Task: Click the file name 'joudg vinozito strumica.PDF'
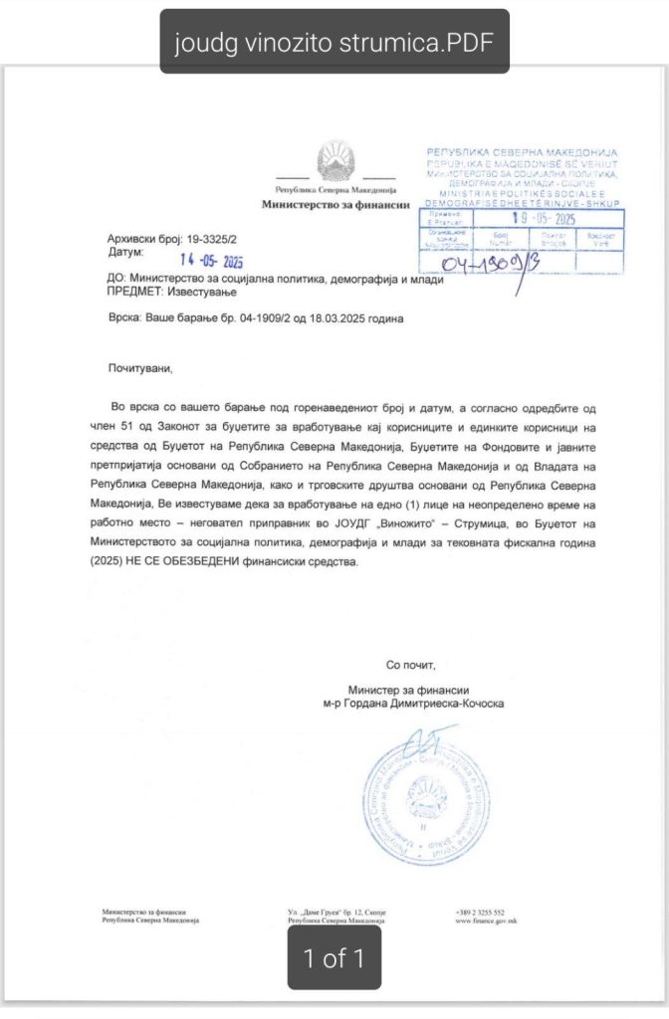click(x=334, y=42)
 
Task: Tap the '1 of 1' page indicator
click(x=334, y=958)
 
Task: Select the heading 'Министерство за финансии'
click(x=335, y=204)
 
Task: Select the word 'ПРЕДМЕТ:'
click(x=136, y=294)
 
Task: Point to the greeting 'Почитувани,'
click(x=139, y=369)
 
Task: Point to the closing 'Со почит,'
click(x=411, y=665)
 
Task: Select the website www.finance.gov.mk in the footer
click(x=486, y=921)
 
